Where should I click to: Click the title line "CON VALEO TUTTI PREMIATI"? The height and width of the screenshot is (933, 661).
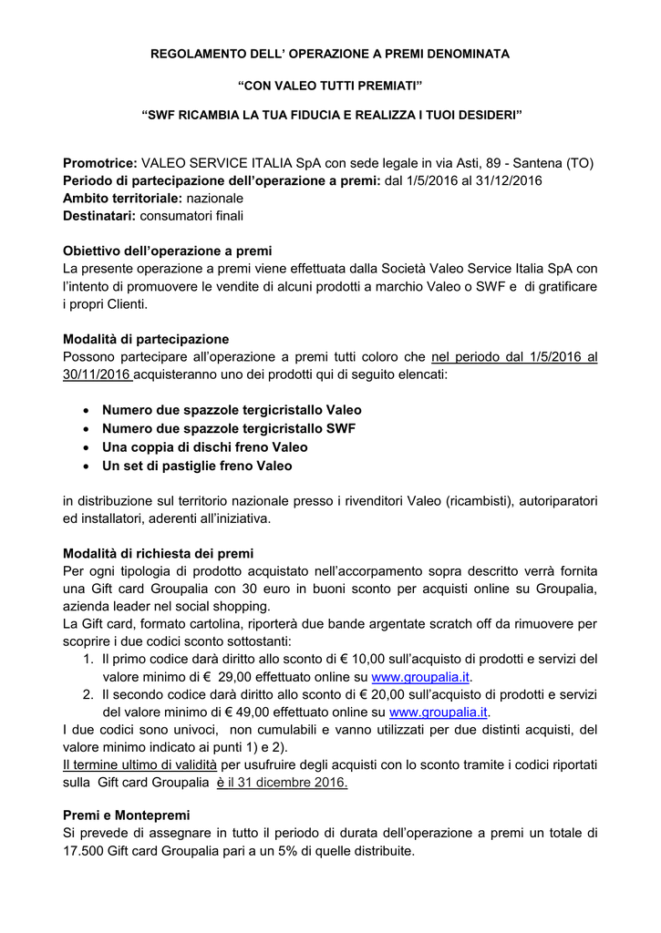pyautogui.click(x=330, y=85)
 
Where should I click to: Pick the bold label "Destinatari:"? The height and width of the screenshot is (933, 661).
pyautogui.click(x=99, y=215)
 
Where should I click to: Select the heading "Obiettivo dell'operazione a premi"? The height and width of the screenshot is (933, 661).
pyautogui.click(x=167, y=251)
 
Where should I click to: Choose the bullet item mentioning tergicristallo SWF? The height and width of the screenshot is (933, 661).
pyautogui.click(x=229, y=428)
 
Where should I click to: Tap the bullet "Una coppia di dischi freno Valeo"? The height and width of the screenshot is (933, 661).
pyautogui.click(x=205, y=447)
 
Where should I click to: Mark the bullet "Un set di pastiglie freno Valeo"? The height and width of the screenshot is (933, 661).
pyautogui.click(x=197, y=466)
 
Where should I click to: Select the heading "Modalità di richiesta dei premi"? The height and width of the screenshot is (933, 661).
pyautogui.click(x=158, y=553)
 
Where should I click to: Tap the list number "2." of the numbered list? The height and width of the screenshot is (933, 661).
pyautogui.click(x=88, y=694)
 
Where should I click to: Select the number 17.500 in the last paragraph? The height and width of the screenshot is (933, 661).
pyautogui.click(x=85, y=852)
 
